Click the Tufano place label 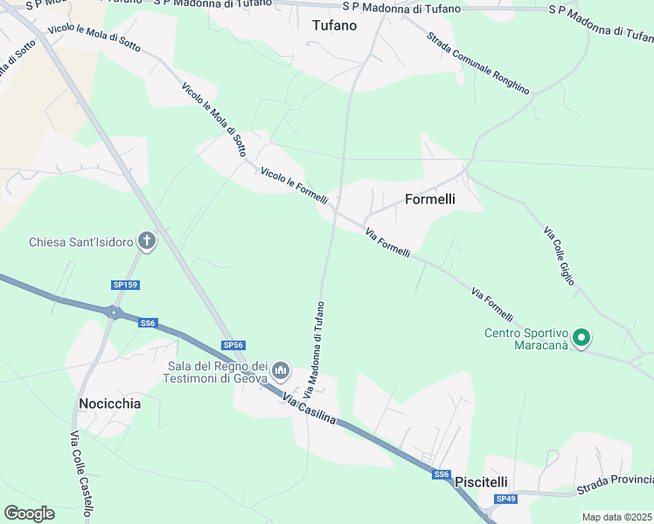(x=334, y=25)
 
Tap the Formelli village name (x=429, y=199)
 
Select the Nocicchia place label (x=109, y=403)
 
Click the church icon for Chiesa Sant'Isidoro (x=147, y=242)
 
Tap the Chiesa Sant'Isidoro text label (x=80, y=242)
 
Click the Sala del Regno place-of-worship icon (x=281, y=372)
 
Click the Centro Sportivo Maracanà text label (x=526, y=338)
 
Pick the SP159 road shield (x=125, y=285)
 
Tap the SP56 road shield (x=232, y=345)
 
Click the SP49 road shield (x=505, y=499)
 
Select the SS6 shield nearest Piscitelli (x=442, y=474)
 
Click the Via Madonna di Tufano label (x=314, y=349)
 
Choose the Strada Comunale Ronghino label (x=478, y=63)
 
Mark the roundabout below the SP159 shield (x=113, y=312)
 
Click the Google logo (x=29, y=513)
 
